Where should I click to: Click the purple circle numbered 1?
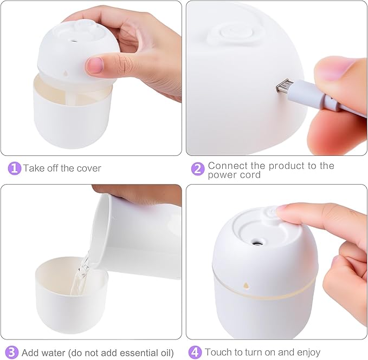(15, 168)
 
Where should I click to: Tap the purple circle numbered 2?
(198, 168)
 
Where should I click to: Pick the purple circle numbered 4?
(195, 352)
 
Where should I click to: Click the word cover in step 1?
(89, 168)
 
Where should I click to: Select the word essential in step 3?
(134, 352)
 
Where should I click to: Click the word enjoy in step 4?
(307, 352)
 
